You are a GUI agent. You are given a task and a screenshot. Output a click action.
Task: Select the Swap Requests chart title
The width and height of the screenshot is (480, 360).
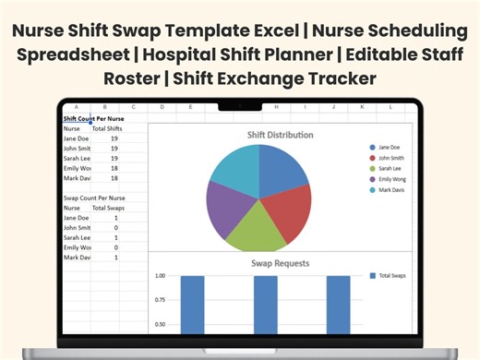tap(279, 263)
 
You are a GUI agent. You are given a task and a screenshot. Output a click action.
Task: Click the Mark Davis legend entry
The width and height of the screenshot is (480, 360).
tap(390, 190)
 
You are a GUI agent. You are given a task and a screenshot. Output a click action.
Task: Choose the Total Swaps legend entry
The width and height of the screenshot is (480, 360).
tap(390, 276)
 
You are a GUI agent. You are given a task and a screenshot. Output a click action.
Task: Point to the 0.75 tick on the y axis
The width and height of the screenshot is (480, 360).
tap(160, 300)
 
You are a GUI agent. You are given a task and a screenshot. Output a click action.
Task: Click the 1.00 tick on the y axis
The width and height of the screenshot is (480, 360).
tap(160, 276)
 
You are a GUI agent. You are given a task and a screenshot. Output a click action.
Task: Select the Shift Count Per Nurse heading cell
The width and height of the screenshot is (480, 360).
tap(93, 119)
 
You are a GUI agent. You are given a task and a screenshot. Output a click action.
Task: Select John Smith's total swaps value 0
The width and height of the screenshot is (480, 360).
tap(114, 227)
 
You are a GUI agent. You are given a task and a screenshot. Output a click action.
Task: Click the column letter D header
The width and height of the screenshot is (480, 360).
tap(161, 107)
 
